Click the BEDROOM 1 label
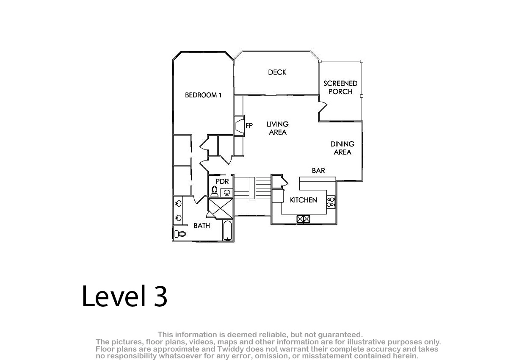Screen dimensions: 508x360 [203, 95]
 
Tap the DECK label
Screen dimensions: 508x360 [277, 72]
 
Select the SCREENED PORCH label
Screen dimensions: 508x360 [340, 88]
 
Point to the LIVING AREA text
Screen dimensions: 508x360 [278, 128]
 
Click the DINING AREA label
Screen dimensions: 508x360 [342, 148]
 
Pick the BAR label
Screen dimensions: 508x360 [318, 171]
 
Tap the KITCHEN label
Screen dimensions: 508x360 [304, 200]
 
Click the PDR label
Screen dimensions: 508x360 [222, 181]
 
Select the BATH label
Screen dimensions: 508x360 [202, 226]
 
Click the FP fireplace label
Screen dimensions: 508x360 [249, 125]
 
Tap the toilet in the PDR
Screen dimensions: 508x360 [214, 191]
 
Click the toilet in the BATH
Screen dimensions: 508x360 [180, 233]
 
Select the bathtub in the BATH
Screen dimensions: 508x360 [227, 230]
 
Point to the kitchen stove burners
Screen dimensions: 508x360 [330, 202]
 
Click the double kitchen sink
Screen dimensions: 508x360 [303, 219]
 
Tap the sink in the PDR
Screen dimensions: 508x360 [227, 193]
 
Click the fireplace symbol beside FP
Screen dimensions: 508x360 [239, 125]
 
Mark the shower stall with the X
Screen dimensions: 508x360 [221, 208]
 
